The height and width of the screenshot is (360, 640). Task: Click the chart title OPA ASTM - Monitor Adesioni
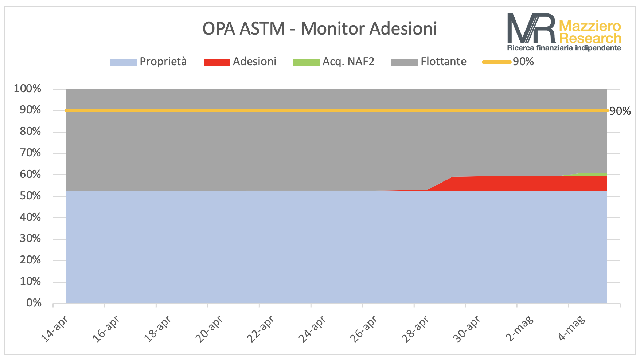click(x=320, y=28)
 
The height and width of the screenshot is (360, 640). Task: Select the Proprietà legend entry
click(x=149, y=62)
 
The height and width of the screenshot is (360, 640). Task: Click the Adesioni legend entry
click(x=240, y=62)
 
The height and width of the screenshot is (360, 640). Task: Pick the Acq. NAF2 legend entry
click(x=334, y=62)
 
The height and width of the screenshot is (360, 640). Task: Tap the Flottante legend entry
click(x=429, y=62)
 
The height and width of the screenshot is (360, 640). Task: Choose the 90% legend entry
click(x=508, y=62)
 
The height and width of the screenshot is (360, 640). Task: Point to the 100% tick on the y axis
click(x=27, y=89)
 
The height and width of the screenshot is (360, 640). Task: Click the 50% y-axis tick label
click(x=30, y=196)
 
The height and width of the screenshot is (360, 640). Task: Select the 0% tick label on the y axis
click(x=34, y=303)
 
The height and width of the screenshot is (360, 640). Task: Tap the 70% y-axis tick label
click(x=30, y=153)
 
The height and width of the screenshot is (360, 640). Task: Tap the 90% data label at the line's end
click(x=620, y=111)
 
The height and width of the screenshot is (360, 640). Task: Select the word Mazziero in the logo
click(x=590, y=26)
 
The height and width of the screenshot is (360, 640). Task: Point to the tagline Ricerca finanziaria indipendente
click(x=564, y=48)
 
